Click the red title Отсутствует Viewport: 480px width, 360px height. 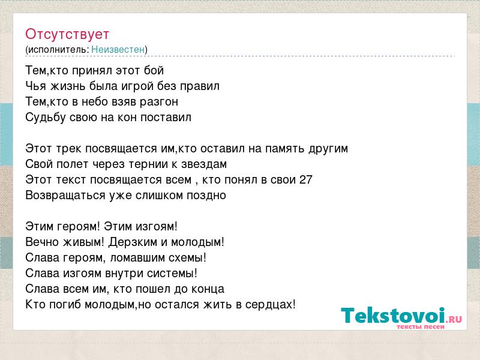point(67,34)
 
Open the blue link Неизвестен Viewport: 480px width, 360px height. point(118,50)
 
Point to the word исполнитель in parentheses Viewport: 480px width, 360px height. point(58,50)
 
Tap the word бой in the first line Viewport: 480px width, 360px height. point(154,71)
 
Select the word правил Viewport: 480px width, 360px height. point(200,86)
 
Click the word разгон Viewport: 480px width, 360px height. point(159,102)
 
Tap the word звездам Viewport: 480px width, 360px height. point(204,164)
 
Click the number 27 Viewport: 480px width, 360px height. point(305,179)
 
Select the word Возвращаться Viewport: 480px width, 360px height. point(65,196)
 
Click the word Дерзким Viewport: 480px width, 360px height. point(133,242)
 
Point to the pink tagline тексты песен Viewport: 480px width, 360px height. point(421,326)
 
